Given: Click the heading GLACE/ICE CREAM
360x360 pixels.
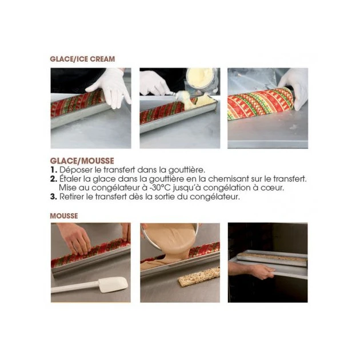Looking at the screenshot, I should pyautogui.click(x=82, y=59).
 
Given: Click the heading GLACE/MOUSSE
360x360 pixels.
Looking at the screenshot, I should pyautogui.click(x=82, y=161).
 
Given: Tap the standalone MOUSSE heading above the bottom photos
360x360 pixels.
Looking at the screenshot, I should pyautogui.click(x=64, y=216).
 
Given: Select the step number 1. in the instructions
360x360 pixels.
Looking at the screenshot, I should pyautogui.click(x=54, y=170).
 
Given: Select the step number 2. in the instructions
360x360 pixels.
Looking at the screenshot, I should pyautogui.click(x=54, y=179).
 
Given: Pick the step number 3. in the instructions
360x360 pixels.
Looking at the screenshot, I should pyautogui.click(x=54, y=197).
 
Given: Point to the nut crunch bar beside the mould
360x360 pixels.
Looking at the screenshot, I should pyautogui.click(x=198, y=277).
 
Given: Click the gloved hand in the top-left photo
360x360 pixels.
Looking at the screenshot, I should pyautogui.click(x=110, y=87).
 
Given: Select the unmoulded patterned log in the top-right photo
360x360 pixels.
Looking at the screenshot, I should pyautogui.click(x=260, y=104).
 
